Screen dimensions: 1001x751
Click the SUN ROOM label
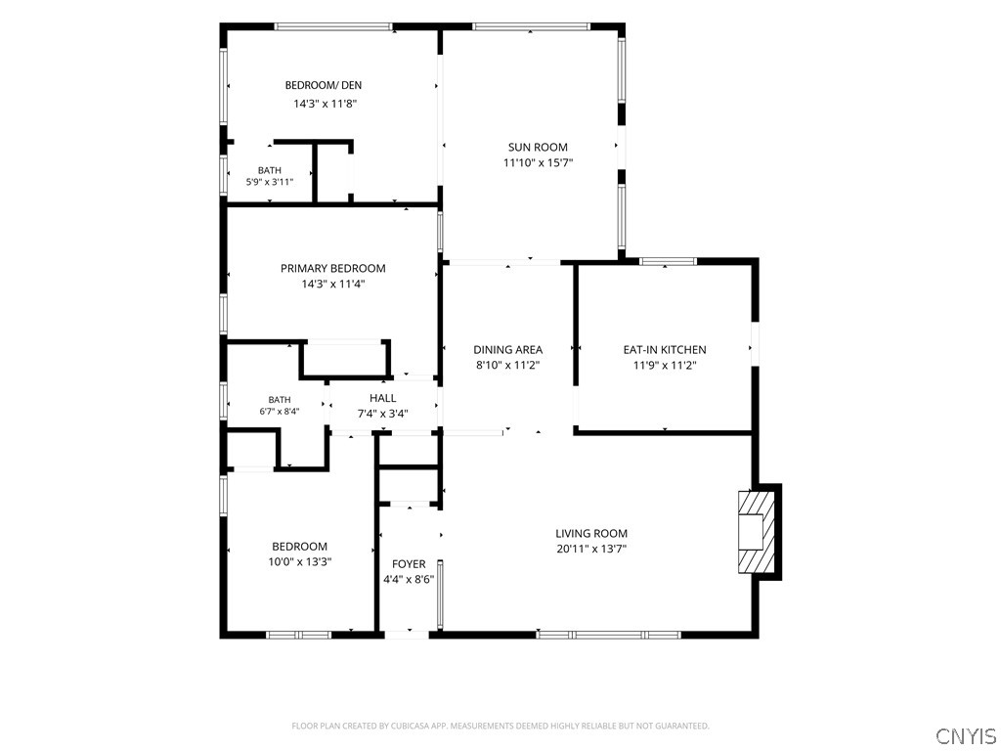538,147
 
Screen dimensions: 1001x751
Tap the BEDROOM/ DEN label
323,85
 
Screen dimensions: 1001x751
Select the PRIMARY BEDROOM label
333,268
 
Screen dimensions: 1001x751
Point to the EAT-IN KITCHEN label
665,349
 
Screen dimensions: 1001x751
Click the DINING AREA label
507,349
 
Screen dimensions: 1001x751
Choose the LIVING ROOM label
591,533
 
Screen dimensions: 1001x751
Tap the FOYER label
409,564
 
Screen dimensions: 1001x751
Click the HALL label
382,398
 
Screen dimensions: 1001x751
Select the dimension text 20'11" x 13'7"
591,549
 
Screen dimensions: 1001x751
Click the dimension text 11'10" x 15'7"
539,163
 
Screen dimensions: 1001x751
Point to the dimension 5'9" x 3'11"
270,182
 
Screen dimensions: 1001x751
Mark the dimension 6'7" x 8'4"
279,412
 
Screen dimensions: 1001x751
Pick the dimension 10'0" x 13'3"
299,562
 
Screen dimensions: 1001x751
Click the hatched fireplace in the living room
758,531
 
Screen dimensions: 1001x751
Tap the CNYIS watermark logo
965,735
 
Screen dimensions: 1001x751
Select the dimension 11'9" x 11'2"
665,366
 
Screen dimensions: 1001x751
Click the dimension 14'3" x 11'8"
325,104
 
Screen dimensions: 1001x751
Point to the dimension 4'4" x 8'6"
409,580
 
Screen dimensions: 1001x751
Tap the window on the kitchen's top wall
669,261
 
